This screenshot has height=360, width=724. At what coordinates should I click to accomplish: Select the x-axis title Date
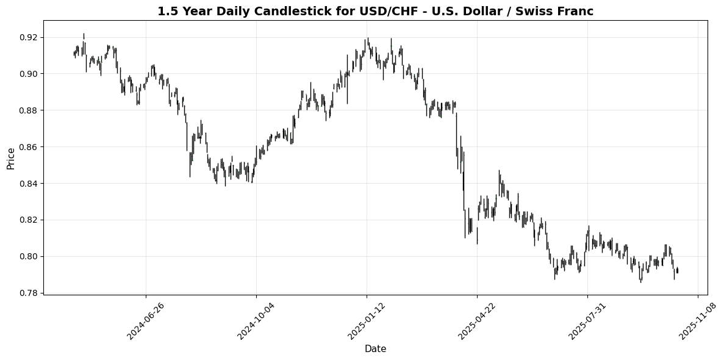[375, 349]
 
